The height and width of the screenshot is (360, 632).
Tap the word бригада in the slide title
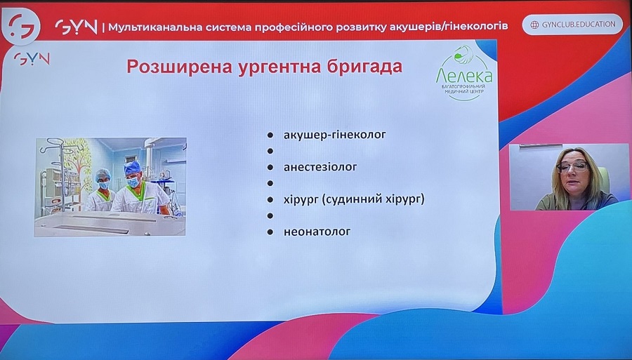pos(364,67)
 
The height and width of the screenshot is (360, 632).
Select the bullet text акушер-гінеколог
pos(334,135)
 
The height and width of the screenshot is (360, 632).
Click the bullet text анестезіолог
pos(320,167)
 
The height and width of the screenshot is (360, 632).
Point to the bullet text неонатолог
pos(317,232)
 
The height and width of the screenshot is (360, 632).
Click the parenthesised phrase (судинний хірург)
pos(374,199)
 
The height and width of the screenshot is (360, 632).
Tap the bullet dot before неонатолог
pos(270,232)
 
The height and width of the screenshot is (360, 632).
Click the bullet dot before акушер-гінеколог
pos(270,135)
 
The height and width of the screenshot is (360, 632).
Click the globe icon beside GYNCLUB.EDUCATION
pos(534,25)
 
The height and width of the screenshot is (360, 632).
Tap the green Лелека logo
pos(464,72)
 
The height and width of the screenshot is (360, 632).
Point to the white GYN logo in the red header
pos(76,27)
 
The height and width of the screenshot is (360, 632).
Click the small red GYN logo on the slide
pos(32,59)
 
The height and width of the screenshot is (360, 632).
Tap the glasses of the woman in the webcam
pos(572,166)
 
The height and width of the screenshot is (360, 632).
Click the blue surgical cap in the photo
pos(132,167)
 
